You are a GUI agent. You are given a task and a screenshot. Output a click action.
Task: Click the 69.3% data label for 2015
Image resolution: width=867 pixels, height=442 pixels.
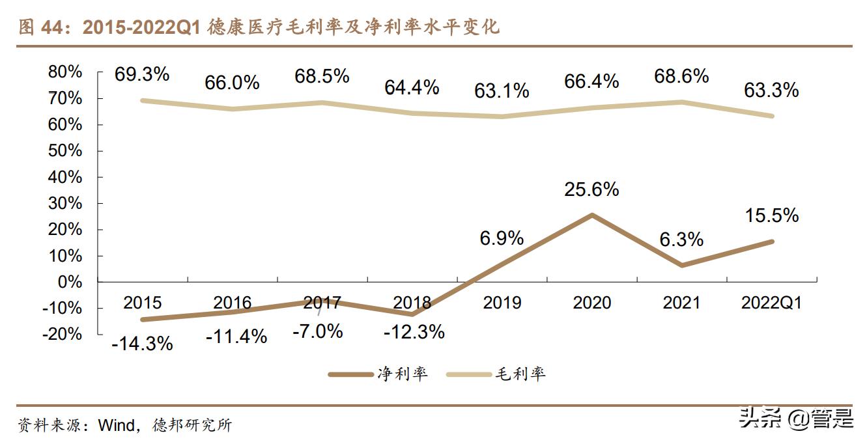coord(142,74)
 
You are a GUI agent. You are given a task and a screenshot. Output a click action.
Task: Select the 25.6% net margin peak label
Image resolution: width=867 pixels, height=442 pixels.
coord(592,189)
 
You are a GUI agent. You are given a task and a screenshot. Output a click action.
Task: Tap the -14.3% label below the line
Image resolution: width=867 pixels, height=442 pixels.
coord(142,343)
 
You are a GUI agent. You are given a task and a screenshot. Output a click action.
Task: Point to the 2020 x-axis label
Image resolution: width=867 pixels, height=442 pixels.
coord(592,303)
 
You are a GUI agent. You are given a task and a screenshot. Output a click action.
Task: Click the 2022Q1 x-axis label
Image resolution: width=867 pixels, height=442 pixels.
coord(772,303)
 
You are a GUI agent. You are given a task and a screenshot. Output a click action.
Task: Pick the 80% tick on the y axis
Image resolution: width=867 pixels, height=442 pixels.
coord(65,72)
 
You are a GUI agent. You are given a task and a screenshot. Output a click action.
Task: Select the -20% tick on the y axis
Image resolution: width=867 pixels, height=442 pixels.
coord(63,334)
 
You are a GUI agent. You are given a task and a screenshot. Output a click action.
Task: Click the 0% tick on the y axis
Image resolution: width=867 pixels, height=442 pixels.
coord(70,282)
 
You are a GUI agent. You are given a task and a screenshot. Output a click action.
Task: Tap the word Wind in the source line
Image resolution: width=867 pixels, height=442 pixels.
coord(117,426)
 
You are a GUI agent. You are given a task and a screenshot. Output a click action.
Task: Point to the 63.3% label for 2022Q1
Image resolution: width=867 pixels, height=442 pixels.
coord(772,90)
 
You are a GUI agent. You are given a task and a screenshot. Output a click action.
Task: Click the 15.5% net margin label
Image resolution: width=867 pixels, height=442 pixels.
coord(772,215)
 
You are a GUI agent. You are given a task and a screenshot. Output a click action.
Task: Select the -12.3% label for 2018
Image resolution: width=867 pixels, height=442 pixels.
coord(414,332)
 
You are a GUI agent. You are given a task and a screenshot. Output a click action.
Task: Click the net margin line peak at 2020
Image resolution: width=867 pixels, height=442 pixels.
coord(592,215)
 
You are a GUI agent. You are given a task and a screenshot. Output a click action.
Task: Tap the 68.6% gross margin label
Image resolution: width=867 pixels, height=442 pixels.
coord(681,76)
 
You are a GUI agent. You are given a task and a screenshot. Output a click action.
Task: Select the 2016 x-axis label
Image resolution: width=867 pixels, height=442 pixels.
coord(233,303)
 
